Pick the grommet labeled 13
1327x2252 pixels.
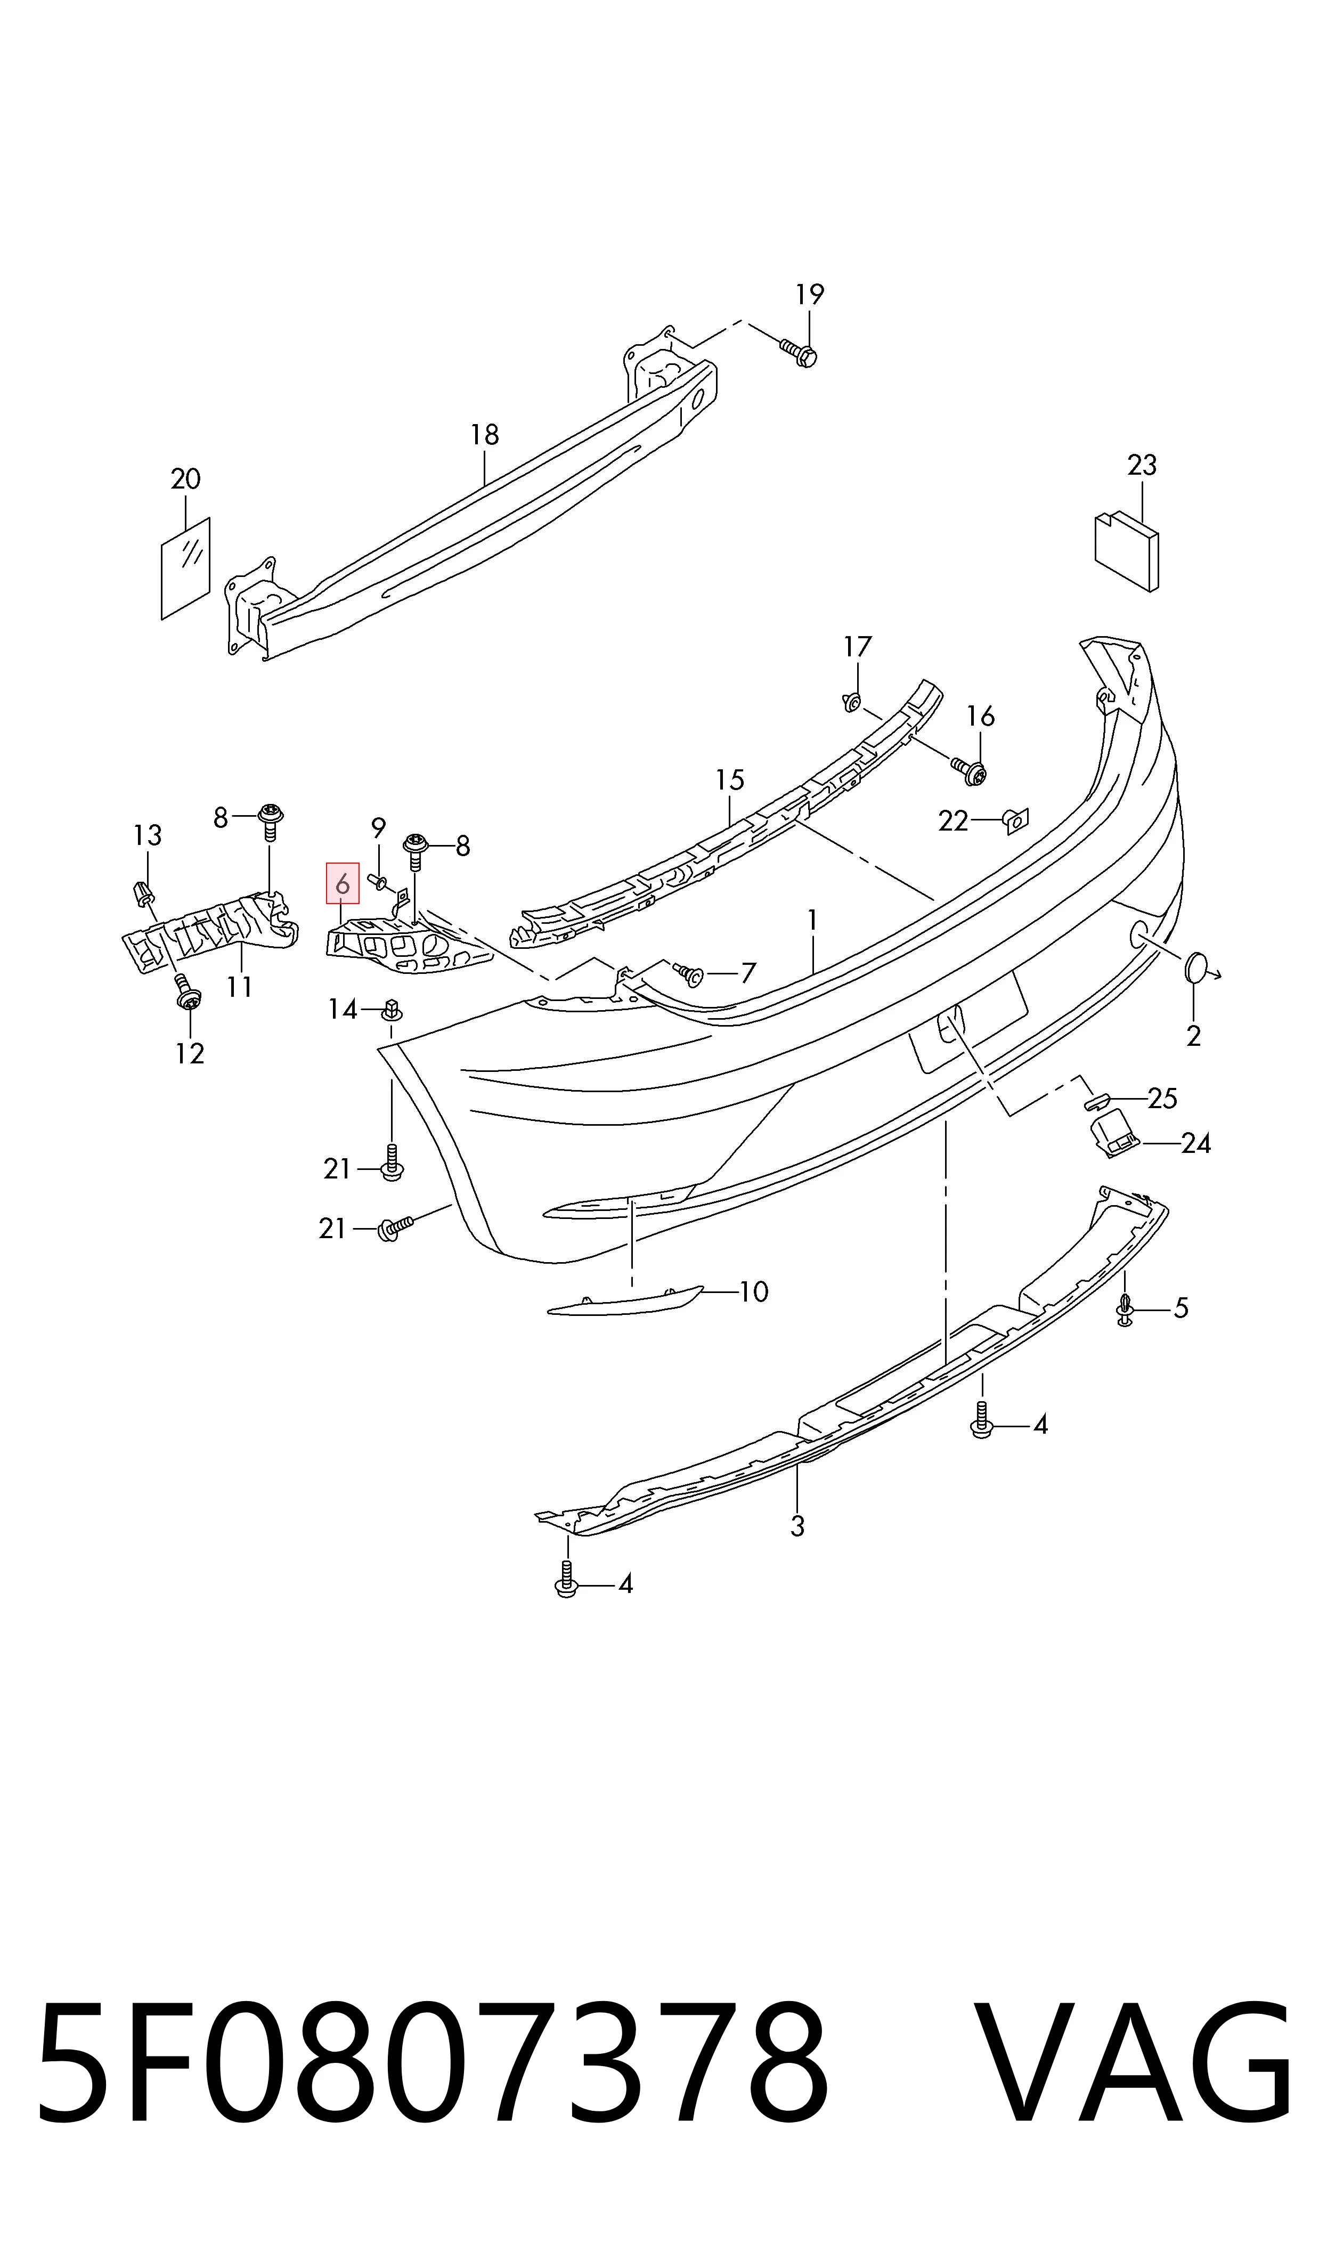coord(141,892)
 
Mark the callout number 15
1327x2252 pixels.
coord(730,781)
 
